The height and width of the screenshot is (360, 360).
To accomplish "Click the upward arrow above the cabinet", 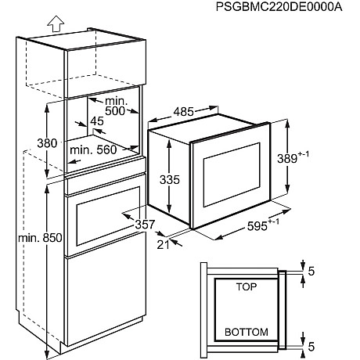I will (54, 23).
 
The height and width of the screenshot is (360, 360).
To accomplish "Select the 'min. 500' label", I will (115, 106).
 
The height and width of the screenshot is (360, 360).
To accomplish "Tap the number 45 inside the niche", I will (96, 122).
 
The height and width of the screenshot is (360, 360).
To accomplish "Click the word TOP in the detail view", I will (247, 288).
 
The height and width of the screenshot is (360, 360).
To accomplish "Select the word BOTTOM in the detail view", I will (246, 332).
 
